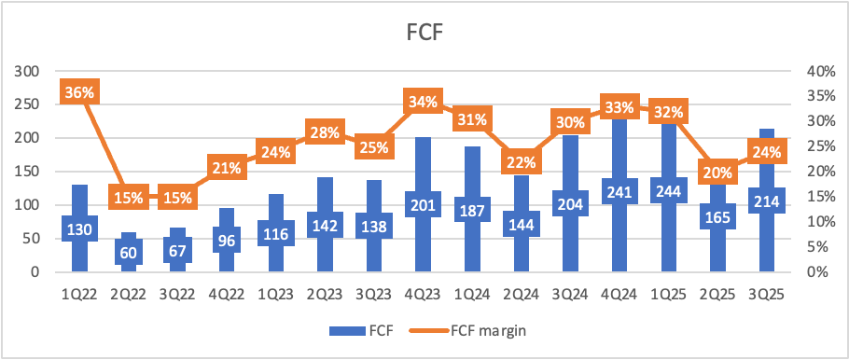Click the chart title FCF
pyautogui.click(x=424, y=34)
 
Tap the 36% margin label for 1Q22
pyautogui.click(x=79, y=92)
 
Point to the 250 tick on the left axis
pyautogui.click(x=29, y=105)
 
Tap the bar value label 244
pyautogui.click(x=669, y=190)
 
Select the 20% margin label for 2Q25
pyautogui.click(x=718, y=173)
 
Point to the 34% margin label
pyautogui.click(x=423, y=101)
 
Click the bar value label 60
pyautogui.click(x=129, y=252)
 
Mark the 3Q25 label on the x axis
pyautogui.click(x=767, y=296)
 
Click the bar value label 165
pyautogui.click(x=718, y=216)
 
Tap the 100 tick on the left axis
pyautogui.click(x=29, y=204)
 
